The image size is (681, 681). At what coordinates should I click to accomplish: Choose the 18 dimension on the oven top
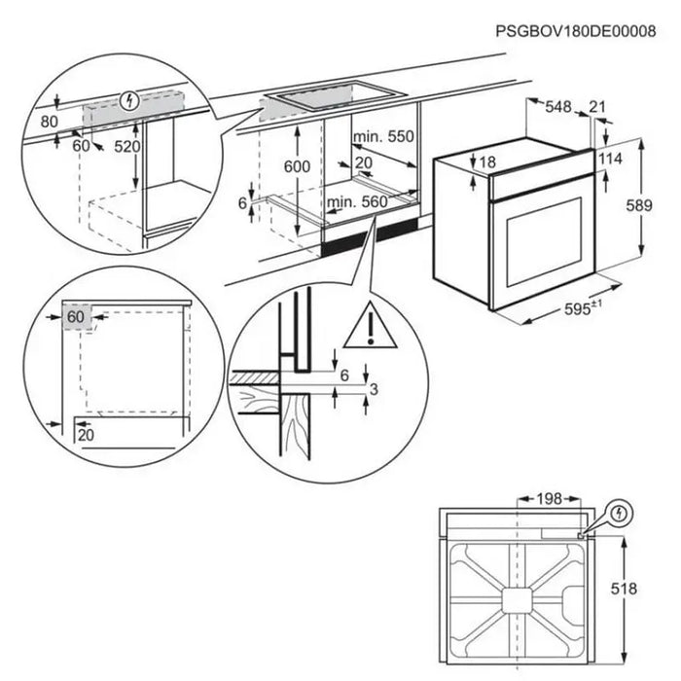[487, 161]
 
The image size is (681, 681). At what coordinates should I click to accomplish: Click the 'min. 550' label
[384, 138]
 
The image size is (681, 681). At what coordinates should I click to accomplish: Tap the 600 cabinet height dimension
[298, 166]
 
